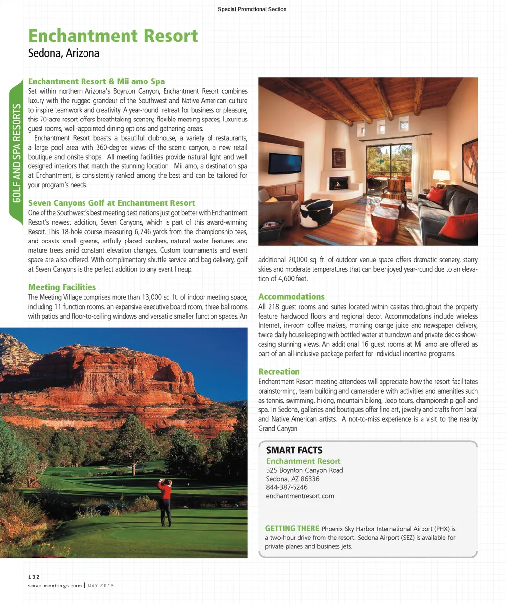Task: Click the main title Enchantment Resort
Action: click(x=113, y=36)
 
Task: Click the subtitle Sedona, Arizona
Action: click(x=64, y=53)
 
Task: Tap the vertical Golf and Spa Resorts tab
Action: click(x=16, y=153)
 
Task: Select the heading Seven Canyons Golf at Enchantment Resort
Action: click(x=111, y=203)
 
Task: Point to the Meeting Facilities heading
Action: click(x=62, y=287)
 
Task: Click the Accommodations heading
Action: click(x=292, y=297)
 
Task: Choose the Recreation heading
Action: click(x=279, y=372)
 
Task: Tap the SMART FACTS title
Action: click(x=294, y=450)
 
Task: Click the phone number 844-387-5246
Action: click(x=287, y=487)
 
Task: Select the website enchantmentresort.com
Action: click(x=300, y=496)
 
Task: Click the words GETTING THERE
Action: click(x=292, y=529)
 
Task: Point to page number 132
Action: click(x=34, y=577)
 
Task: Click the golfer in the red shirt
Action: click(x=165, y=501)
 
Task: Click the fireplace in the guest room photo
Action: click(x=337, y=184)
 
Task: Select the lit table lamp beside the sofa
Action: click(x=441, y=176)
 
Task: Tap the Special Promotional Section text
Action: click(x=252, y=9)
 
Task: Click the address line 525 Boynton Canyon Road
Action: click(x=304, y=470)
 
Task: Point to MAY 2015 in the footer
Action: click(x=101, y=586)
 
